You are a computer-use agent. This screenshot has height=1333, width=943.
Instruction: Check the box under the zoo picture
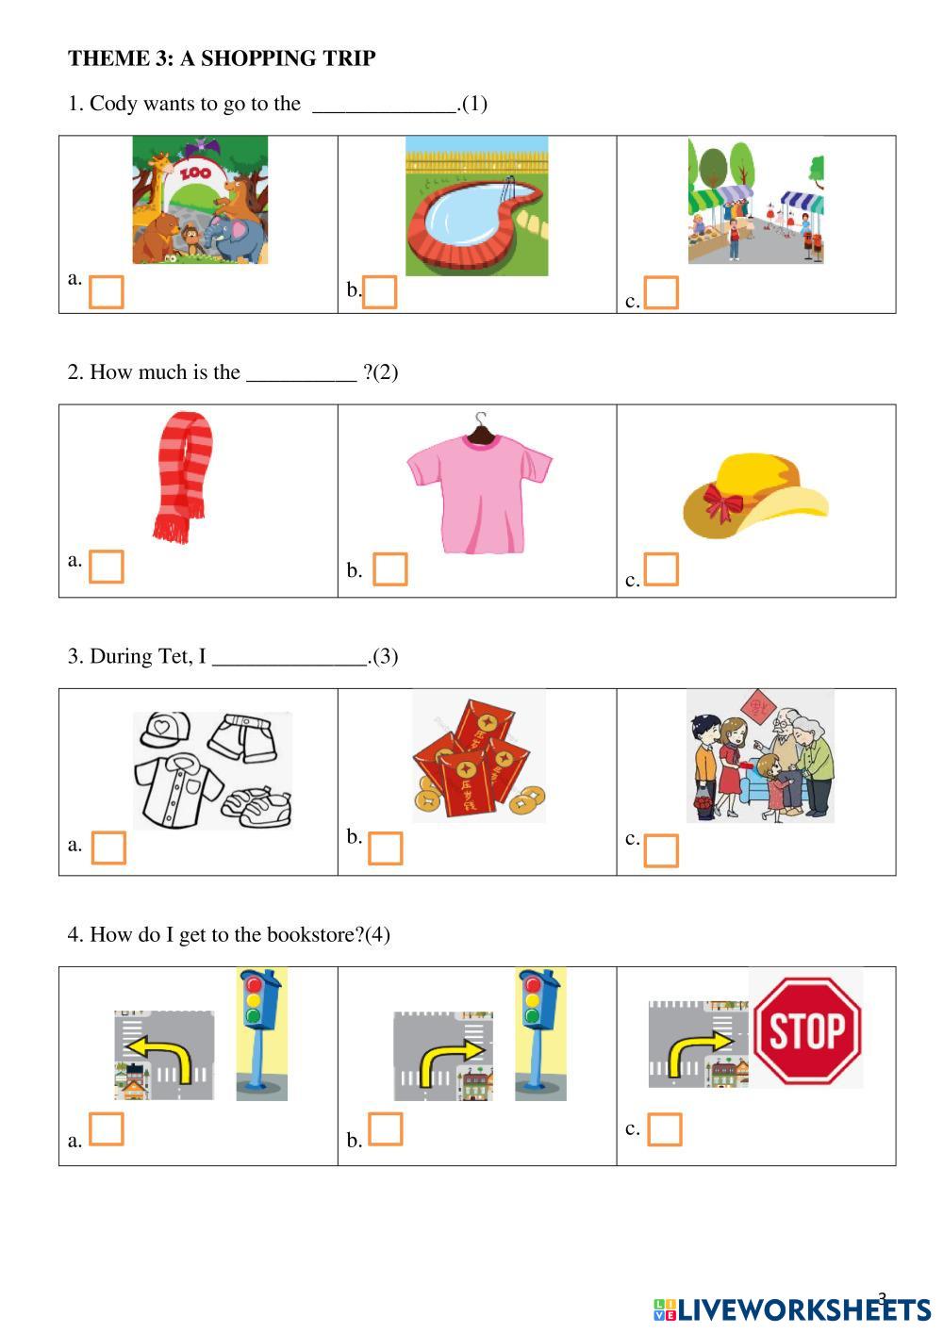106,292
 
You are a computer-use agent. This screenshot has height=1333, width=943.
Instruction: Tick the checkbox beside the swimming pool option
379,291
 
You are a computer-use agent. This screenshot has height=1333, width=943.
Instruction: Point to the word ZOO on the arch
195,173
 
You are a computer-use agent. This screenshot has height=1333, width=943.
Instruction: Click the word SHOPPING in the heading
257,58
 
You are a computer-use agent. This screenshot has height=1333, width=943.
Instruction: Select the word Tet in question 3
175,656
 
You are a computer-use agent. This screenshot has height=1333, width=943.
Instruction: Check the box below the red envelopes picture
385,848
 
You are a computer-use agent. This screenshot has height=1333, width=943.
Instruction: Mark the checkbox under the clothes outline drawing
108,848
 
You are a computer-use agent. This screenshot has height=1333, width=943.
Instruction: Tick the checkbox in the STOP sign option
665,1128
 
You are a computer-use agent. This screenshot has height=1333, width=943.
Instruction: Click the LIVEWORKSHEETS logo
792,1309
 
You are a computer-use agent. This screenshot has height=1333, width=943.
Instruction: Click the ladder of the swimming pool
510,187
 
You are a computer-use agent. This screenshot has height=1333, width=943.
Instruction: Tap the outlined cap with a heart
165,730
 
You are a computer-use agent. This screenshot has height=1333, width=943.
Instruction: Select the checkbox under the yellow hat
661,568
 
